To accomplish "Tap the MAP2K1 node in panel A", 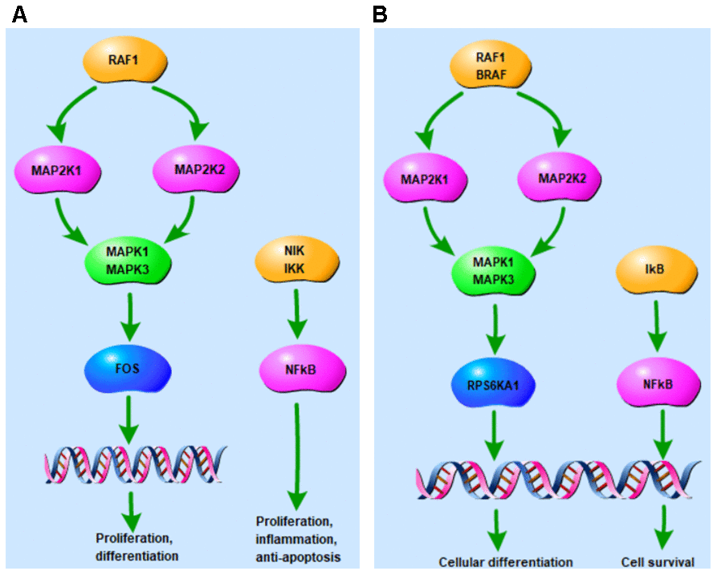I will click(50, 170).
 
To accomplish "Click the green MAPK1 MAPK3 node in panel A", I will click(128, 258).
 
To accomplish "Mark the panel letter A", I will click(18, 14).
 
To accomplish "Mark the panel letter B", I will click(381, 14).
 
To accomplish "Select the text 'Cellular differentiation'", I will click(506, 561).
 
